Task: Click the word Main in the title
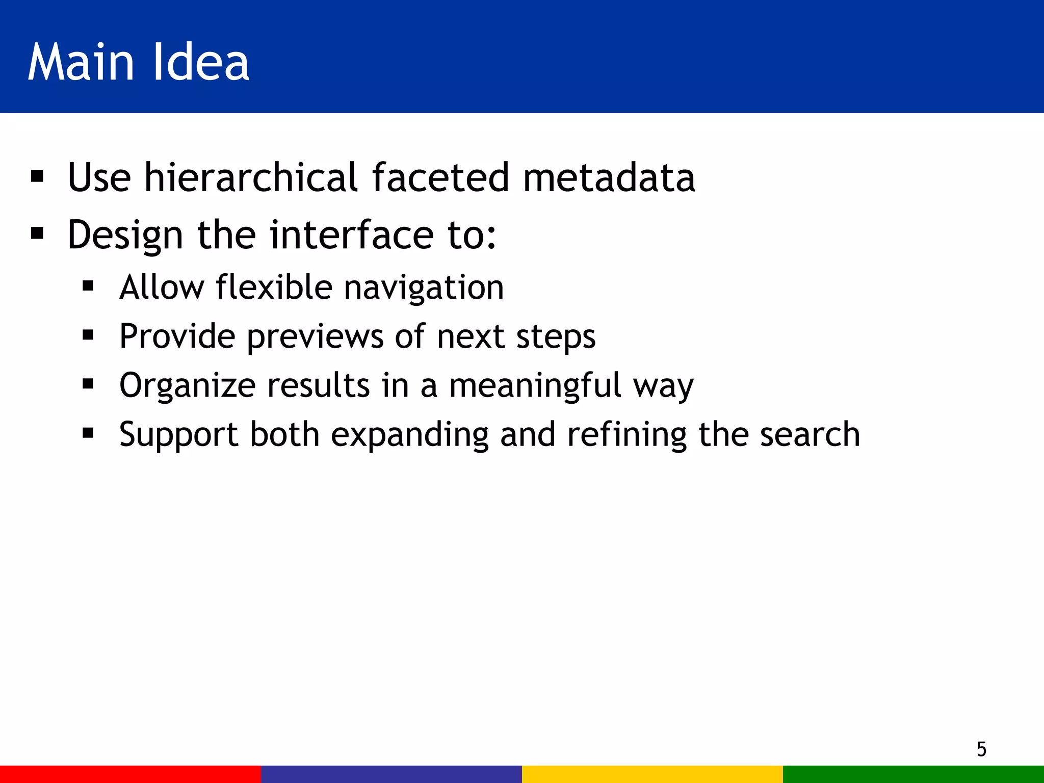[81, 62]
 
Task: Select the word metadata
[609, 177]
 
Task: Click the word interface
[352, 235]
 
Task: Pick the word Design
[125, 236]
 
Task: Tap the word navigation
[424, 288]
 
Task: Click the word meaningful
[535, 386]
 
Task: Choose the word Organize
[187, 386]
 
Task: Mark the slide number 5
[981, 749]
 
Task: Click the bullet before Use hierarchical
[37, 177]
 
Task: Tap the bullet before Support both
[88, 433]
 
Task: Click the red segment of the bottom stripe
[130, 774]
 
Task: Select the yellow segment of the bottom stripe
[652, 774]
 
